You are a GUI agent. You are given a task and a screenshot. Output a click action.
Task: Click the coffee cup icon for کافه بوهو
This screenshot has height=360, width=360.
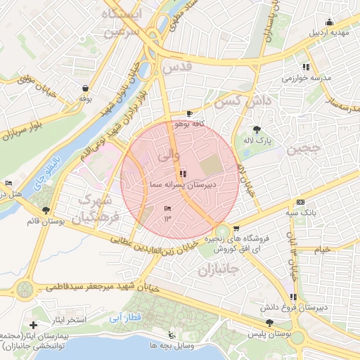189,113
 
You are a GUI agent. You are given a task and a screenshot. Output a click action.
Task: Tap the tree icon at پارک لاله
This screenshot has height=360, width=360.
257,129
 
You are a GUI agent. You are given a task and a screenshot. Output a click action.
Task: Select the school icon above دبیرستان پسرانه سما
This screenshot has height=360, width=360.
183,173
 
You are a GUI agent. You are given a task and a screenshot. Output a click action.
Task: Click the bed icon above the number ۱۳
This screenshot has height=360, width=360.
167,209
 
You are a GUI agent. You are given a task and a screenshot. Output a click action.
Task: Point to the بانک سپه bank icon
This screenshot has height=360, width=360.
301,202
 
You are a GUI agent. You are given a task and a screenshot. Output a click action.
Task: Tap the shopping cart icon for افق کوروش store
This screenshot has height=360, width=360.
236,229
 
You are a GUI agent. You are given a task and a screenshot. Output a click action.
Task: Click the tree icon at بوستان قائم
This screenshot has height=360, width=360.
46,210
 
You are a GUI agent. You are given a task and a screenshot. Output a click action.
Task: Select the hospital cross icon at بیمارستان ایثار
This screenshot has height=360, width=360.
33,325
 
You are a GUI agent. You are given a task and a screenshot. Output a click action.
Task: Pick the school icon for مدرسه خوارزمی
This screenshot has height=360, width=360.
306,67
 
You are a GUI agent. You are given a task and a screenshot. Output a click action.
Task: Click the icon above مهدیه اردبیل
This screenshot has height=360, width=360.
329,22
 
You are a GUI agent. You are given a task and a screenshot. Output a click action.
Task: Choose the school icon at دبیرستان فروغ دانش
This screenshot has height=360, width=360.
293,297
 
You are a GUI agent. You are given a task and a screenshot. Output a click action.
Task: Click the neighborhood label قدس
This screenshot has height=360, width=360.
176,68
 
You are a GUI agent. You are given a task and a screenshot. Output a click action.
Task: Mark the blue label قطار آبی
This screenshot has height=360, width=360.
126,318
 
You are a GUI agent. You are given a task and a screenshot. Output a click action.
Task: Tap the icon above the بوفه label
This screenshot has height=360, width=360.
86,89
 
